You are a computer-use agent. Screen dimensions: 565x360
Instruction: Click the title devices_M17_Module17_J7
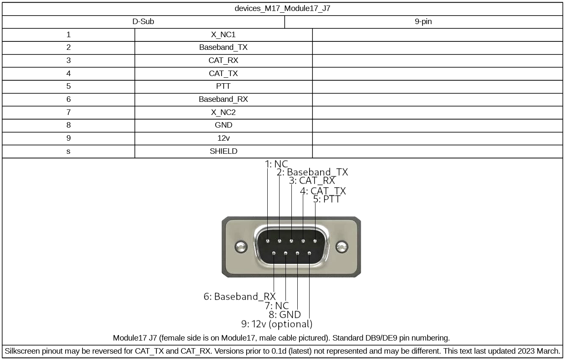click(x=282, y=8)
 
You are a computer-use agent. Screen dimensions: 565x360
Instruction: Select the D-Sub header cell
click(x=143, y=22)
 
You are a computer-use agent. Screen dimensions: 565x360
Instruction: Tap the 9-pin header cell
click(x=423, y=22)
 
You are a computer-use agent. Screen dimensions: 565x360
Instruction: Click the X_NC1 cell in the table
click(x=223, y=35)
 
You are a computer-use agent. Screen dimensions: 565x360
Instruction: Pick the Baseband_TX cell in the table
click(x=223, y=48)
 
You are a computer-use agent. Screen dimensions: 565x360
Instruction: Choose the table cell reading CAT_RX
click(x=223, y=61)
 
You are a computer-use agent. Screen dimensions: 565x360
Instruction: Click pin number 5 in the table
click(x=69, y=87)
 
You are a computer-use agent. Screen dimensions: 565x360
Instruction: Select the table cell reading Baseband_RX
click(x=223, y=100)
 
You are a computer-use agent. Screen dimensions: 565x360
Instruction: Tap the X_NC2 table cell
click(x=223, y=112)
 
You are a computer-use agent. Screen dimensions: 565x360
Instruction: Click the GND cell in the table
click(x=223, y=125)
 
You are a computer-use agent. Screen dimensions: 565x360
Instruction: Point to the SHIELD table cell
click(x=223, y=151)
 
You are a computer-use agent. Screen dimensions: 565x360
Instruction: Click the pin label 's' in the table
click(x=69, y=151)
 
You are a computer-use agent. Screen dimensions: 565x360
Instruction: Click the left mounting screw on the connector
click(x=241, y=247)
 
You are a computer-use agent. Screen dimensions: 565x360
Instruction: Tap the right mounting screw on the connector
click(x=342, y=247)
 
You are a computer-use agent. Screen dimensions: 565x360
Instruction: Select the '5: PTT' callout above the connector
click(x=326, y=199)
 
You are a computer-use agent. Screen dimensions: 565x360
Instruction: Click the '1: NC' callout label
click(x=277, y=164)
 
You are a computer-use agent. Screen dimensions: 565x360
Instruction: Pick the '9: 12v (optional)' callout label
click(x=277, y=324)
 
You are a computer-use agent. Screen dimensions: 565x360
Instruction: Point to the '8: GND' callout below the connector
click(x=285, y=315)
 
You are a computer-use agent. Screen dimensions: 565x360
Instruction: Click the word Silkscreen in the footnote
click(x=22, y=351)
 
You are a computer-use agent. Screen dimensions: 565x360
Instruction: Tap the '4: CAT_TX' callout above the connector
click(x=323, y=191)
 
